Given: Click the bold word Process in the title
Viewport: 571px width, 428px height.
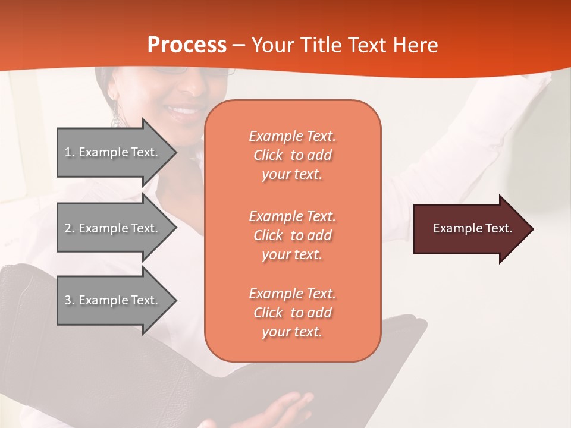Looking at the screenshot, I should (x=187, y=45).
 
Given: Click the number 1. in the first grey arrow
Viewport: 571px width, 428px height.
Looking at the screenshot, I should (x=70, y=152).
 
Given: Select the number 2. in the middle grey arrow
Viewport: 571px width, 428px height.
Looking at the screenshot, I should (x=70, y=228).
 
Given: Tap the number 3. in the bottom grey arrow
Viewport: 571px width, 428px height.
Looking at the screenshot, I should (x=70, y=300).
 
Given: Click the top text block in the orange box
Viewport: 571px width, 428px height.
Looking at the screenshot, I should (x=292, y=155).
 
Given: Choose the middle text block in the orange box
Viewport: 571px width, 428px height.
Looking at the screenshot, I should (x=292, y=235).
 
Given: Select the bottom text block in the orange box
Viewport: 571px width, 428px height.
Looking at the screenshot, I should (x=292, y=313).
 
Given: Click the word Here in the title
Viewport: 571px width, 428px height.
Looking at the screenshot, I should (x=416, y=45).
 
